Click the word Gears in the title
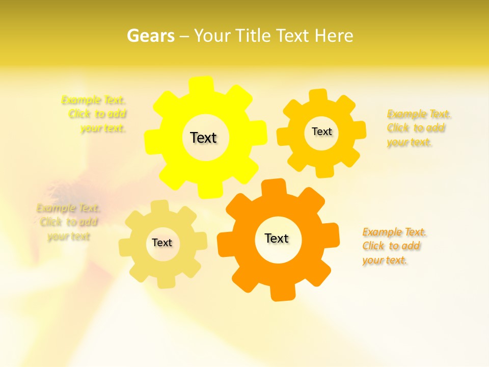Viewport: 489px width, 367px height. tap(150, 36)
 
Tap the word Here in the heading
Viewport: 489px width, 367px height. tap(334, 36)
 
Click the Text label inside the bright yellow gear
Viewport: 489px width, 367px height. tap(203, 138)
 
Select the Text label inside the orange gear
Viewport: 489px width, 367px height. tap(277, 238)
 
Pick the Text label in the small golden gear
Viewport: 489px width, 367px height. tap(321, 132)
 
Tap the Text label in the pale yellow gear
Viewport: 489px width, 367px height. tap(162, 243)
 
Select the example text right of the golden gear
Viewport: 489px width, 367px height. tap(418, 128)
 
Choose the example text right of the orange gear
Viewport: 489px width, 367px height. tap(393, 246)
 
